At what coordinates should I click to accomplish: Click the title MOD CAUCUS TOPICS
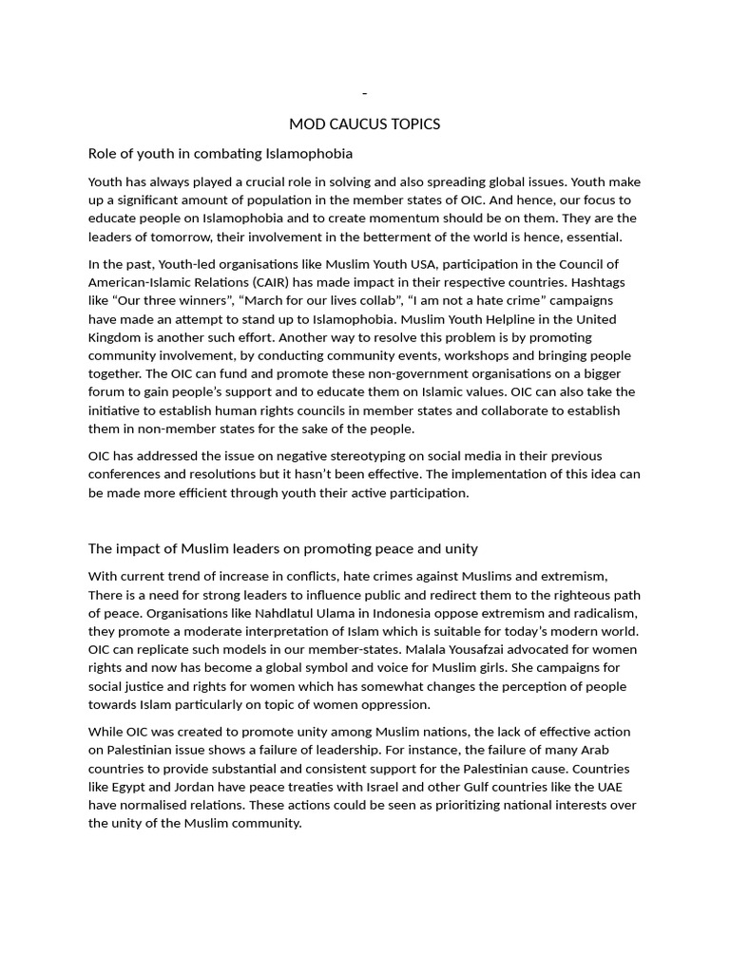(365, 124)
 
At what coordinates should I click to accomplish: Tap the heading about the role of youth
(220, 153)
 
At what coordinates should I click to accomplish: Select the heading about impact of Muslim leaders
(282, 548)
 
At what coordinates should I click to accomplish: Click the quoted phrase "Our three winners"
(176, 300)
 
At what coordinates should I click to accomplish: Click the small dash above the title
(365, 93)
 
